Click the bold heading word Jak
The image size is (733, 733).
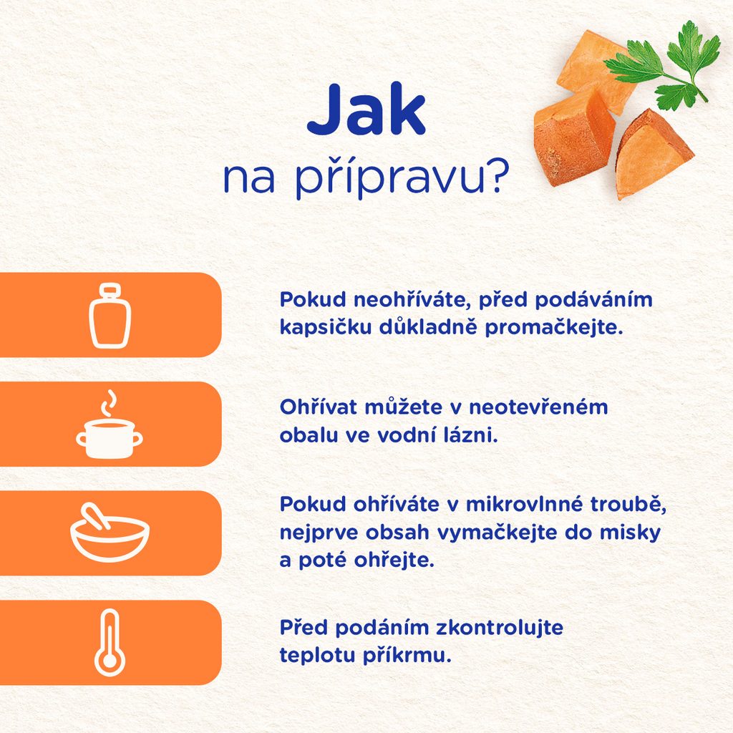pyautogui.click(x=366, y=110)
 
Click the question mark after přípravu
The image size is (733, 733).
pyautogui.click(x=497, y=177)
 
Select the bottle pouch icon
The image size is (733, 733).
pyautogui.click(x=110, y=316)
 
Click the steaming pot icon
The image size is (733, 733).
pyautogui.click(x=110, y=425)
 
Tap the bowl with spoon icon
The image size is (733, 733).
pyautogui.click(x=110, y=533)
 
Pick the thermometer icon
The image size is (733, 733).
pyautogui.click(x=110, y=643)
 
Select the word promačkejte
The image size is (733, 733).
pyautogui.click(x=554, y=327)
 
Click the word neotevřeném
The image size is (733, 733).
pyautogui.click(x=538, y=407)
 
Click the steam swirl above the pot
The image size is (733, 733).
pyautogui.click(x=109, y=402)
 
